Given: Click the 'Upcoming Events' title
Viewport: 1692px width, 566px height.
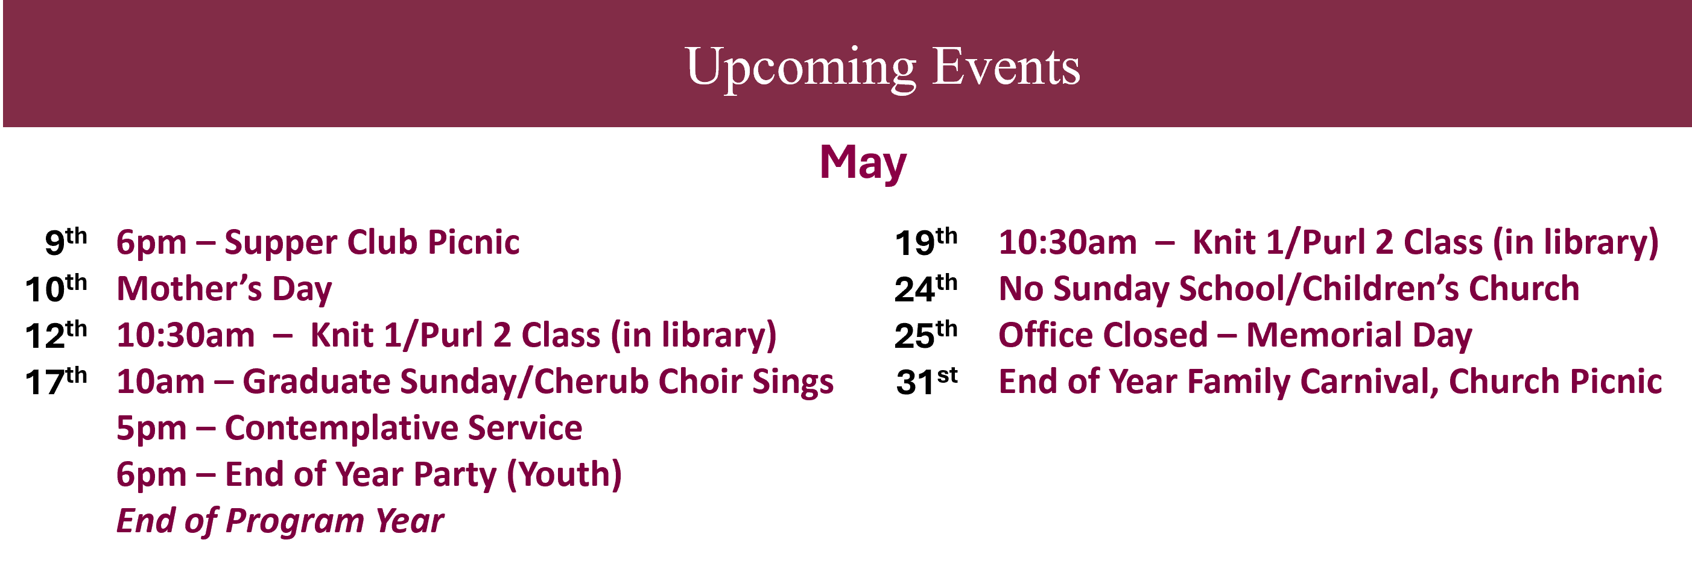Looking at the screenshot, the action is (x=882, y=68).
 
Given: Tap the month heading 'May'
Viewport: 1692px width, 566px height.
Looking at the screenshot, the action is (x=863, y=163).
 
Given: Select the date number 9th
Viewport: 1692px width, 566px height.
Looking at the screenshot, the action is (x=66, y=241).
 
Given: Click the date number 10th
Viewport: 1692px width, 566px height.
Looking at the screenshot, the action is (x=56, y=288).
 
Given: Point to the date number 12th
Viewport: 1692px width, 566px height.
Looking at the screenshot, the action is (x=56, y=334).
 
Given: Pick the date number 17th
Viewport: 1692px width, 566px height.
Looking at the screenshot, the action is (x=56, y=381).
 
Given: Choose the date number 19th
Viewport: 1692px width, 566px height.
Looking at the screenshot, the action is (x=926, y=242).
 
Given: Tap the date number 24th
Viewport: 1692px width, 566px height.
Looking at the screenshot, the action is (x=926, y=288).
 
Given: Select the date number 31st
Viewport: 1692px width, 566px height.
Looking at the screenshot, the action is (x=927, y=382).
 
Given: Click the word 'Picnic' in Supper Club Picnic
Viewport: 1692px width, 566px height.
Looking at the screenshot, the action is (x=474, y=242).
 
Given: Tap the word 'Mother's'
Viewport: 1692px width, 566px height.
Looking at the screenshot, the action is (x=189, y=288).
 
